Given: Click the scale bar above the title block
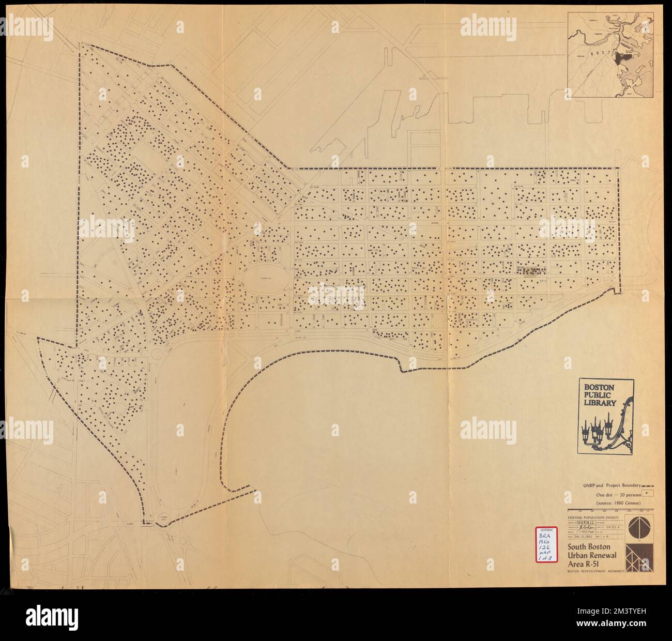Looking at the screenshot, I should point(610,510).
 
